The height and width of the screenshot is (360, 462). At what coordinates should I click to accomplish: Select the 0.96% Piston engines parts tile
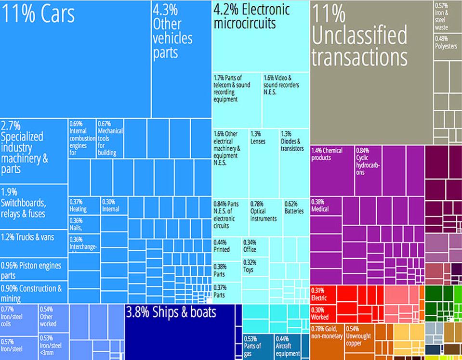coord(33,270)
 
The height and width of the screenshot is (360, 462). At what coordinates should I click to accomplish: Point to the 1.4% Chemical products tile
coord(332,168)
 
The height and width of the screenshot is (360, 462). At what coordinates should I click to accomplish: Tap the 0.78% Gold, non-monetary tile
coord(327,342)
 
